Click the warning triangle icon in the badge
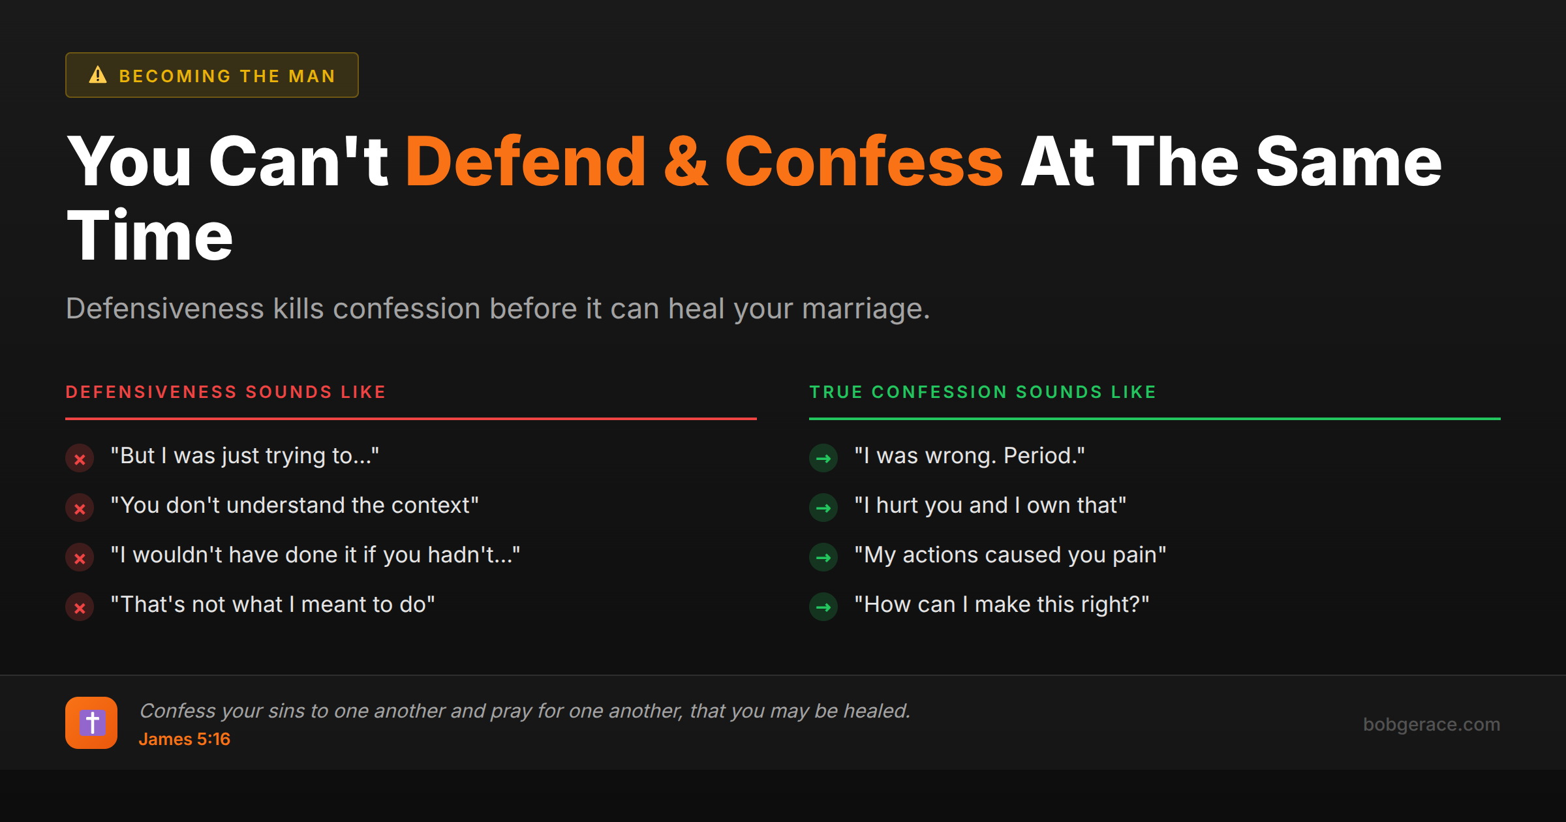(98, 75)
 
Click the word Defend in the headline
(525, 162)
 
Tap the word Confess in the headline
(863, 162)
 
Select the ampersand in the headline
(685, 162)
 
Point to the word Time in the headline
(149, 236)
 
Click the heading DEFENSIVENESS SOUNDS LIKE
(226, 392)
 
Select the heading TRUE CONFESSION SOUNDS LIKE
(983, 392)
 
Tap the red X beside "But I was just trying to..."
(80, 459)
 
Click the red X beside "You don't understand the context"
(80, 508)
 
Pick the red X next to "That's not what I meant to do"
(80, 607)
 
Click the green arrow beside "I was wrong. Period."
(823, 459)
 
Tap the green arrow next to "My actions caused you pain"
(823, 558)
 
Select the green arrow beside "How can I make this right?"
(823, 607)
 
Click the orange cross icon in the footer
(91, 723)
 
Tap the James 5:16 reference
(184, 739)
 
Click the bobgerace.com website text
(1431, 724)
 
